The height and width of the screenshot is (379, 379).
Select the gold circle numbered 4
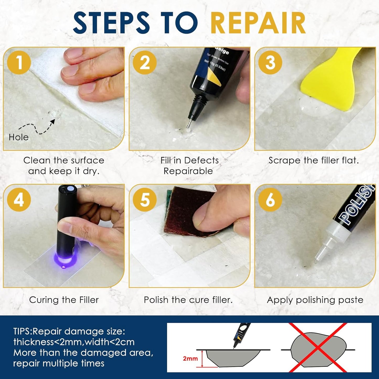19,200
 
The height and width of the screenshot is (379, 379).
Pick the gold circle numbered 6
270,200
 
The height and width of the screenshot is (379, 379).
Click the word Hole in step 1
18,137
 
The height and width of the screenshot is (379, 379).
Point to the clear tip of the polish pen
317,260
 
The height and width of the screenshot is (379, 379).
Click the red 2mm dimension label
190,359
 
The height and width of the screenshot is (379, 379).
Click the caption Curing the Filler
64,300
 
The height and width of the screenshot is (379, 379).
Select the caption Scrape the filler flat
313,160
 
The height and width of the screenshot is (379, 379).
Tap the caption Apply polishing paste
315,300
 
